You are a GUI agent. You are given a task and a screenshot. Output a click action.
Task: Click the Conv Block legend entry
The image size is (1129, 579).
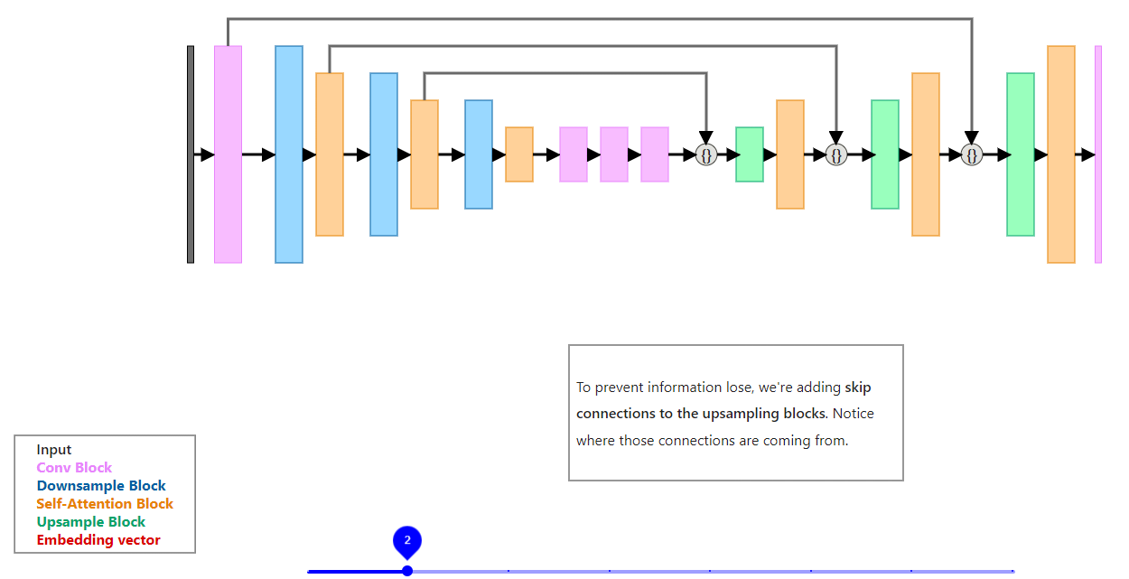(74, 468)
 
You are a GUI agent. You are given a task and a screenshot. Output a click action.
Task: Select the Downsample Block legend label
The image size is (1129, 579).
(101, 486)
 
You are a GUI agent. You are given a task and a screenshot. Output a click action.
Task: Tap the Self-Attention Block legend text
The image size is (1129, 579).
(105, 504)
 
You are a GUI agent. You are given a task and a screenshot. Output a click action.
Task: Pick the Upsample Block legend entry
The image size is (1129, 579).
(90, 522)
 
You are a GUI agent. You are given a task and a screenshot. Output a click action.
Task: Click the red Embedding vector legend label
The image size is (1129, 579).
(98, 540)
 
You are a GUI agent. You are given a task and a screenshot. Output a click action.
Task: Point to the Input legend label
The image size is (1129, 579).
(54, 450)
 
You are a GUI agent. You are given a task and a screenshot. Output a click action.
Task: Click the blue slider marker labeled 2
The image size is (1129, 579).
(407, 541)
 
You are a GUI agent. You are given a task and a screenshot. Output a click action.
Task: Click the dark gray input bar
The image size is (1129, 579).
(191, 154)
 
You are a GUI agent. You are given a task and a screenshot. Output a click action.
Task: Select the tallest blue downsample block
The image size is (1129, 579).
(289, 154)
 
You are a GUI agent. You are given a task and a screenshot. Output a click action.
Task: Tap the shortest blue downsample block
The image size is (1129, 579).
(479, 154)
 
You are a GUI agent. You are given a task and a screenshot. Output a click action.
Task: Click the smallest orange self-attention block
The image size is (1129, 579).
(519, 154)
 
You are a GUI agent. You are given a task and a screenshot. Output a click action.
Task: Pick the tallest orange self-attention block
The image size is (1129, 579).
(1061, 154)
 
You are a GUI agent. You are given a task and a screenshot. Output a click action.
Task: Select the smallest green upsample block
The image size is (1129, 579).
(750, 154)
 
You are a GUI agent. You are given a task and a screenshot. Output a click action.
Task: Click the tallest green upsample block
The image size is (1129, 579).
(1021, 154)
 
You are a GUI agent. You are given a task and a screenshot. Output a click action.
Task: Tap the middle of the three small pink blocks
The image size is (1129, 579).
(614, 154)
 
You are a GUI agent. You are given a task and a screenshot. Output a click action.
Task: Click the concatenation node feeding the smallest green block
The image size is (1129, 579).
(706, 155)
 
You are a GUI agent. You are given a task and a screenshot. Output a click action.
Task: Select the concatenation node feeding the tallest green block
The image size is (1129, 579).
(972, 155)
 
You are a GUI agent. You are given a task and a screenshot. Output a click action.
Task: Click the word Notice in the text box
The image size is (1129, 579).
(853, 414)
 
